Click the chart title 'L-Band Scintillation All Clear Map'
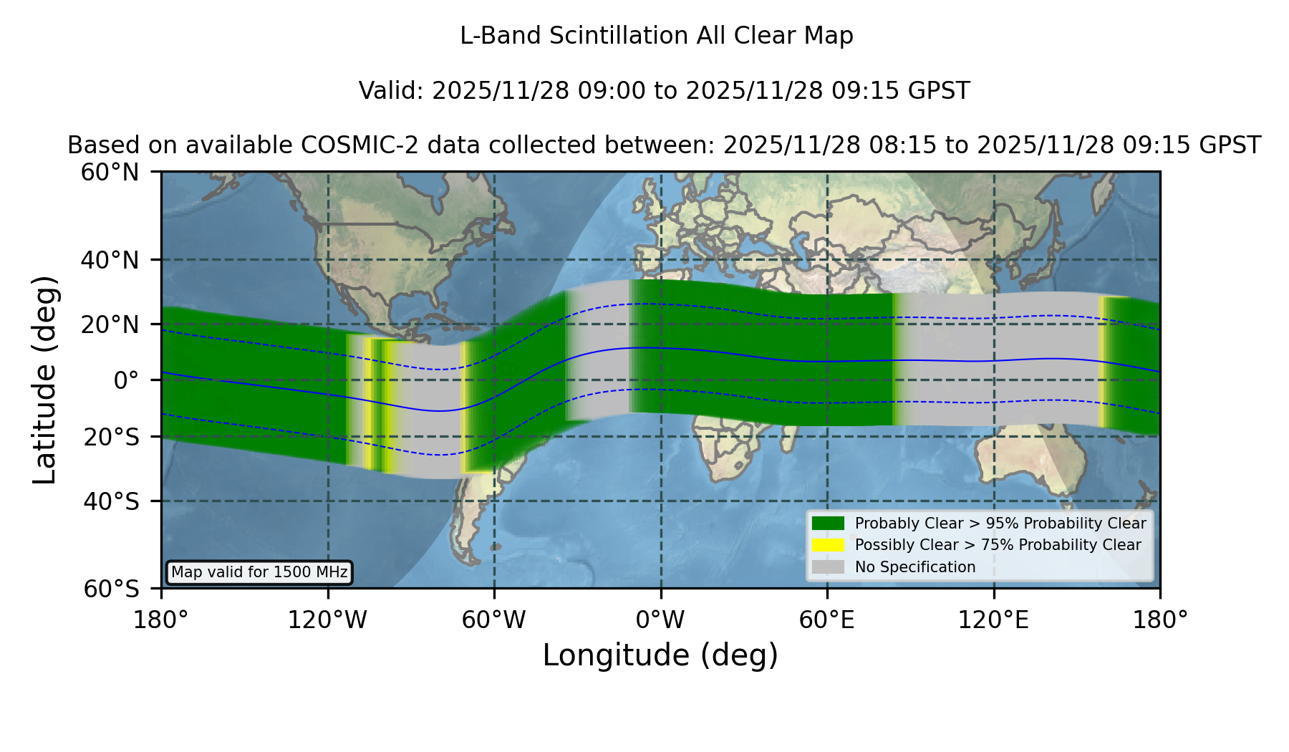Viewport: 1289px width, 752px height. pyautogui.click(x=657, y=36)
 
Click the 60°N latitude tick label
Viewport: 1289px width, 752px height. pyautogui.click(x=110, y=172)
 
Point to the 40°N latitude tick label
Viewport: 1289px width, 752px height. pyautogui.click(x=110, y=260)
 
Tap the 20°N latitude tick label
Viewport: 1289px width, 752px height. pyautogui.click(x=110, y=324)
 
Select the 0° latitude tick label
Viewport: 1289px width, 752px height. pyautogui.click(x=126, y=380)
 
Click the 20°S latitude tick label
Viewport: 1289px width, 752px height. pyautogui.click(x=111, y=436)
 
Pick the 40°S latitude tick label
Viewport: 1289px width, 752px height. pyautogui.click(x=111, y=501)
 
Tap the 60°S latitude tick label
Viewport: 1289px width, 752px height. pyautogui.click(x=111, y=589)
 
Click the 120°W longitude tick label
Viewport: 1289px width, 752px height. pyautogui.click(x=327, y=620)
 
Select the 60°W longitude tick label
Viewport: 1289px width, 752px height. pyautogui.click(x=494, y=620)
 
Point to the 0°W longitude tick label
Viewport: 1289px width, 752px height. pyautogui.click(x=660, y=620)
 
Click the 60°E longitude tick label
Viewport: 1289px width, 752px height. pyautogui.click(x=827, y=620)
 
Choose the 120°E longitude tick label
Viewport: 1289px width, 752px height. pyautogui.click(x=993, y=620)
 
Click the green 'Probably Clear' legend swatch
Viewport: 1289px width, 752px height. pyautogui.click(x=828, y=523)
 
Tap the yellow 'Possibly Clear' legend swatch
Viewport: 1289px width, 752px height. pyautogui.click(x=828, y=545)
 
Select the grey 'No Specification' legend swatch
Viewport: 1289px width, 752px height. pyautogui.click(x=828, y=567)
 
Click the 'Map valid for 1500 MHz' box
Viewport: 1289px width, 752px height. pyautogui.click(x=259, y=572)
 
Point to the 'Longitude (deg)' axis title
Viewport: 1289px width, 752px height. pyautogui.click(x=660, y=655)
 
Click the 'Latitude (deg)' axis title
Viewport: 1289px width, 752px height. pyautogui.click(x=44, y=380)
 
